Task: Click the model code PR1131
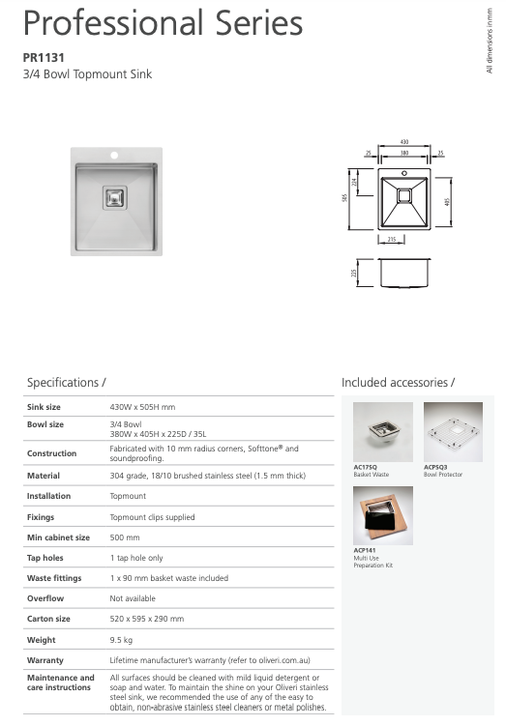point(44,57)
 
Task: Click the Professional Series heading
point(162,22)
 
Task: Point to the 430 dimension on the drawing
point(403,143)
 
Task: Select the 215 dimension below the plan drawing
point(392,238)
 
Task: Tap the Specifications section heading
point(66,383)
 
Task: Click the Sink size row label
point(44,407)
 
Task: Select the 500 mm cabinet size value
point(125,537)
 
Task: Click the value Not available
point(133,598)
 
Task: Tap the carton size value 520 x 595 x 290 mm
point(147,619)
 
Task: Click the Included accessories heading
point(398,383)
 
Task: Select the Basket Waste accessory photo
point(383,431)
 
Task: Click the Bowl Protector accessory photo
point(453,431)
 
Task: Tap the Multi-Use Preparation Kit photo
point(383,514)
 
